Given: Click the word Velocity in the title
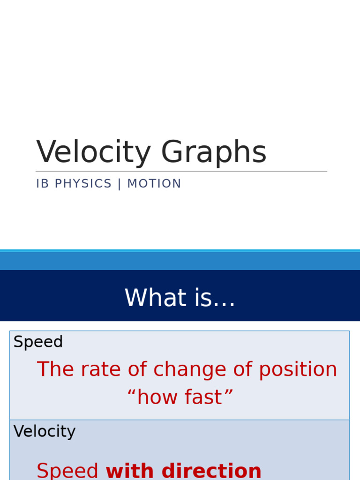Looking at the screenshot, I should tap(93, 153).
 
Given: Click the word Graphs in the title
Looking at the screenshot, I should tap(214, 153).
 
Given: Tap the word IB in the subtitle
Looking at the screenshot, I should tap(42, 184).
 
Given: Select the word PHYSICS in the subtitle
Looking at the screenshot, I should tap(83, 184).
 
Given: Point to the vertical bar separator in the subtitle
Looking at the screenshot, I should tap(120, 184).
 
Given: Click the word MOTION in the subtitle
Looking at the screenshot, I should tap(154, 184).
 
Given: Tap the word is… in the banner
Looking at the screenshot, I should tap(214, 298).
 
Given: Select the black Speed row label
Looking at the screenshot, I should tap(38, 342).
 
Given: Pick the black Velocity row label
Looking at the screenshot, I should tap(45, 431).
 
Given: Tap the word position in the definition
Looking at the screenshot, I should tap(298, 369).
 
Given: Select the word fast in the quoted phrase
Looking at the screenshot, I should tap(205, 397).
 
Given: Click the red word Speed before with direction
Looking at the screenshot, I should tap(67, 471).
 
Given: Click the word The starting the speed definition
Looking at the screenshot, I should tap(55, 369).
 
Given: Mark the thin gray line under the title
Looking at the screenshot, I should tap(181, 171).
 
